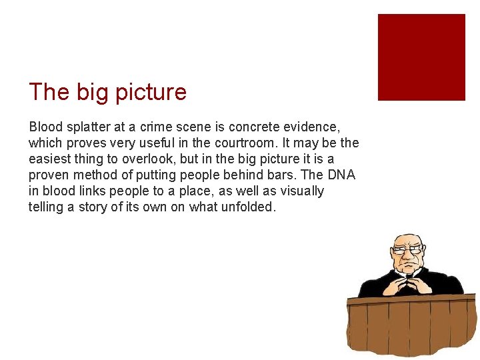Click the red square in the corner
tap(421, 57)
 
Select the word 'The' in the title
tap(49, 92)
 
